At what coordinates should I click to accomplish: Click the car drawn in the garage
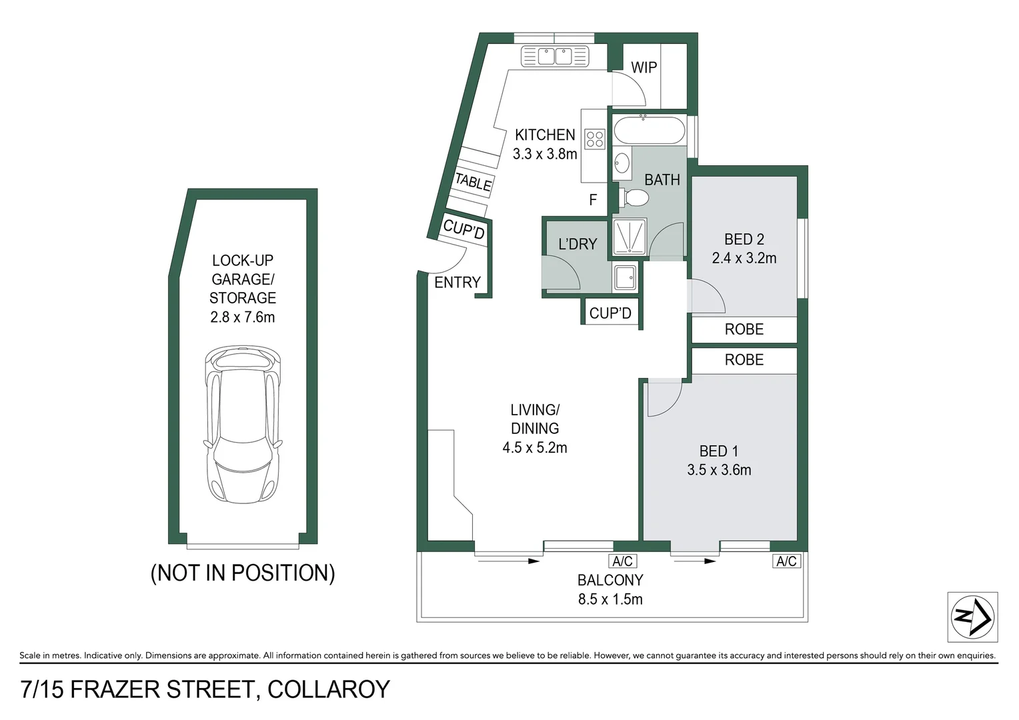pos(242,425)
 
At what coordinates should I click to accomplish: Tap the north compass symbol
pos(972,617)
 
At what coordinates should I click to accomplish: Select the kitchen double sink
pos(555,57)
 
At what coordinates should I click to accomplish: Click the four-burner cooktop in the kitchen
pos(594,139)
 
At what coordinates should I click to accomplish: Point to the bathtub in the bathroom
pos(649,130)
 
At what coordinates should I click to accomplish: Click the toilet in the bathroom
pos(634,198)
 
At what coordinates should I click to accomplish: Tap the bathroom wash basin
pos(622,163)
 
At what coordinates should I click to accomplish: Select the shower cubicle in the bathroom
pos(629,237)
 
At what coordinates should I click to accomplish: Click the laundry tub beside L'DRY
pos(626,277)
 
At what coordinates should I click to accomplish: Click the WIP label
pos(644,67)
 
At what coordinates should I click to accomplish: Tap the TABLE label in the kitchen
pos(473,181)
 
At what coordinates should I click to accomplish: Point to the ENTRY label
pos(457,283)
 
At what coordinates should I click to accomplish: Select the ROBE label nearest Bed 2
pos(744,329)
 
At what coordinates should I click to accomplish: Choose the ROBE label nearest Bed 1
pos(744,360)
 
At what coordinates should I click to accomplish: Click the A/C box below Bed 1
pos(786,561)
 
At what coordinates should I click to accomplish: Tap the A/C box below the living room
pos(622,561)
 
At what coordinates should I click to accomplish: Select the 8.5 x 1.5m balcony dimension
pos(610,599)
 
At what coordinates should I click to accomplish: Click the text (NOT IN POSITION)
pos(243,573)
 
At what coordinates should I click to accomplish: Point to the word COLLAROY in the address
pos(329,689)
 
